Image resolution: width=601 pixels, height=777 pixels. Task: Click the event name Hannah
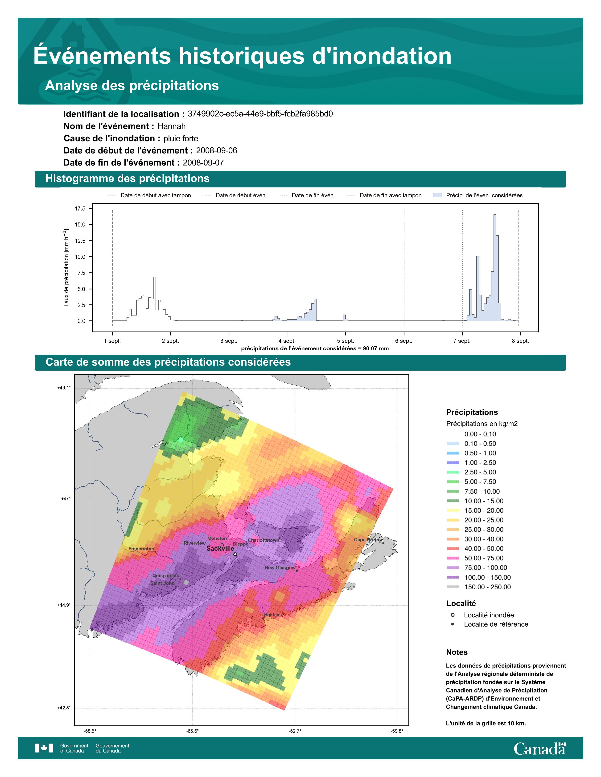(x=171, y=126)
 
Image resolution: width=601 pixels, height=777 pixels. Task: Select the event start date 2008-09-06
(x=216, y=150)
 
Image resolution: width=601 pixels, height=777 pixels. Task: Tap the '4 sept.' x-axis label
(x=289, y=341)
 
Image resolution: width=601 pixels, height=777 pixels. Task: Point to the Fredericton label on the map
(x=141, y=549)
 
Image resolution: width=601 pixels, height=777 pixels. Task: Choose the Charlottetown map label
(x=263, y=540)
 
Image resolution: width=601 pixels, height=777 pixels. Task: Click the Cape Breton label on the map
(x=367, y=540)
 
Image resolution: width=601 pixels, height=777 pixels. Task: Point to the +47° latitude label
(x=66, y=499)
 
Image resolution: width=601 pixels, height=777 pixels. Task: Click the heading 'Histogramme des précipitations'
(x=128, y=179)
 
